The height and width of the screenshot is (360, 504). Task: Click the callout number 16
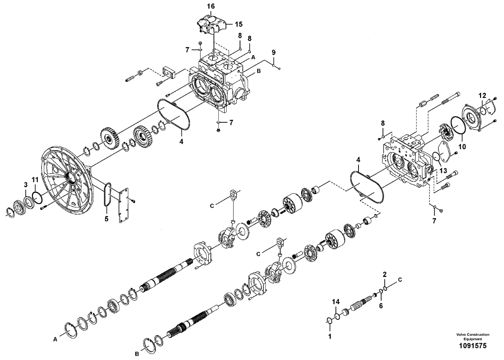click(x=210, y=6)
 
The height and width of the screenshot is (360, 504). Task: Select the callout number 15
click(x=238, y=24)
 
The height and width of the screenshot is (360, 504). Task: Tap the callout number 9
click(x=273, y=52)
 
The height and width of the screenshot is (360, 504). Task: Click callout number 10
click(x=462, y=147)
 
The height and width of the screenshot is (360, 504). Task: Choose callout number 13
click(x=443, y=171)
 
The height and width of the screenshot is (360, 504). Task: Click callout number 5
click(x=107, y=219)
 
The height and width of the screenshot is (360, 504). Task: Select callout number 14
click(x=335, y=301)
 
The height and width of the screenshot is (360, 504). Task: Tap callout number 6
click(x=381, y=306)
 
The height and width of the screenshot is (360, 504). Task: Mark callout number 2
click(x=385, y=274)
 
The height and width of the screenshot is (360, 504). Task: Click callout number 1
click(x=329, y=336)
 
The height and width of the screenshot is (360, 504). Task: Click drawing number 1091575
click(x=472, y=346)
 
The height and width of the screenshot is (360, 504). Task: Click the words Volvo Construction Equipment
click(x=472, y=336)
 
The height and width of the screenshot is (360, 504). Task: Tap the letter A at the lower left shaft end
click(x=55, y=339)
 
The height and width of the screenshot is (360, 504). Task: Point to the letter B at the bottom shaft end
click(x=136, y=354)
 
